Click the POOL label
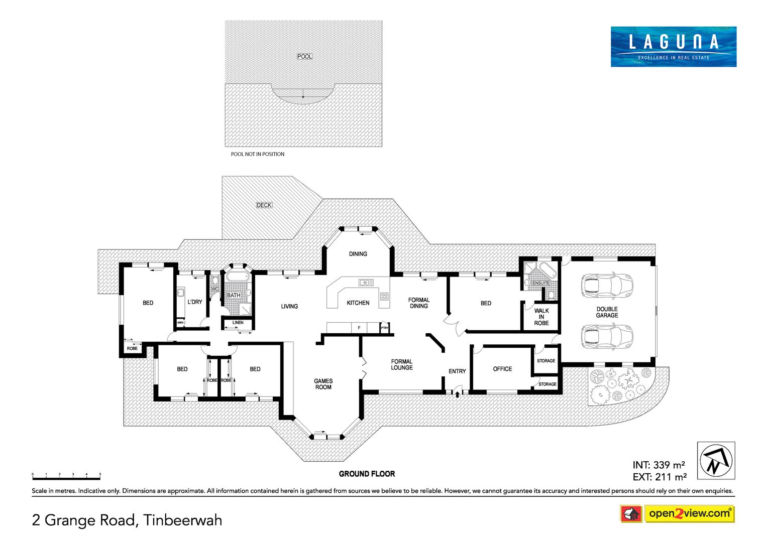pyautogui.click(x=304, y=56)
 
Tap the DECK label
pyautogui.click(x=264, y=205)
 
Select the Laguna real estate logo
pyautogui.click(x=674, y=47)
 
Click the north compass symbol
pyautogui.click(x=716, y=460)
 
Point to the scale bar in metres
pyautogui.click(x=66, y=477)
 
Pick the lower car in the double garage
pyautogui.click(x=607, y=337)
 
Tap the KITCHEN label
pyautogui.click(x=358, y=303)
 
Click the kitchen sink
pyautogui.click(x=366, y=282)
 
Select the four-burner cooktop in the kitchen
pyautogui.click(x=384, y=296)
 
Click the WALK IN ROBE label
pyautogui.click(x=541, y=317)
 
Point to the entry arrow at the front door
pyautogui.click(x=457, y=394)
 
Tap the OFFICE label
pyautogui.click(x=502, y=369)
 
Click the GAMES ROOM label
pyautogui.click(x=323, y=384)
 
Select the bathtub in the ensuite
pyautogui.click(x=549, y=270)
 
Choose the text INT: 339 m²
pyautogui.click(x=659, y=465)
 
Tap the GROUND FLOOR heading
pyautogui.click(x=367, y=474)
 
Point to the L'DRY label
pyautogui.click(x=195, y=302)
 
